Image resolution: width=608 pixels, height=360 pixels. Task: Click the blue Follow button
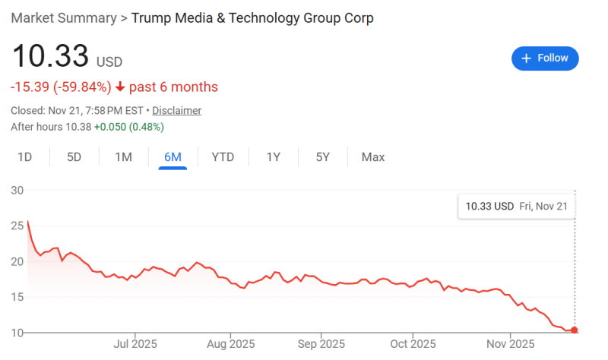pyautogui.click(x=545, y=58)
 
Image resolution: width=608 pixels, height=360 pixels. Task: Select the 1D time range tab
pyautogui.click(x=25, y=157)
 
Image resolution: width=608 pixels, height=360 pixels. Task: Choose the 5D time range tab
pyautogui.click(x=74, y=157)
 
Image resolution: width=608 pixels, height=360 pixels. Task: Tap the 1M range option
pyautogui.click(x=123, y=157)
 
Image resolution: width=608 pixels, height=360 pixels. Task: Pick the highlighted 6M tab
pyautogui.click(x=173, y=157)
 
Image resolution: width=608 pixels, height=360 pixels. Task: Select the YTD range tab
pyautogui.click(x=223, y=157)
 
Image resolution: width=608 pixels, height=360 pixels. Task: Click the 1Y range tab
pyautogui.click(x=274, y=157)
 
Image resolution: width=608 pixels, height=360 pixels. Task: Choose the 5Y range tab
pyautogui.click(x=323, y=157)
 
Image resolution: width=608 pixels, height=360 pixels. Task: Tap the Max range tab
pyautogui.click(x=373, y=157)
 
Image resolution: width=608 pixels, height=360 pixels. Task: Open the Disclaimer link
pyautogui.click(x=176, y=111)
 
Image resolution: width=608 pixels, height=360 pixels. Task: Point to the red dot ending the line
pyautogui.click(x=575, y=330)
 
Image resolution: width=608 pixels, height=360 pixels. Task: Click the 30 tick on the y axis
pyautogui.click(x=17, y=190)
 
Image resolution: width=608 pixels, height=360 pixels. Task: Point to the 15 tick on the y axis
pyautogui.click(x=17, y=297)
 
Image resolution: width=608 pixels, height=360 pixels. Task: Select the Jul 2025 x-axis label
pyautogui.click(x=135, y=343)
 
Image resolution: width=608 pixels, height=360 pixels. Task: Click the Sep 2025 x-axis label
pyautogui.click(x=321, y=343)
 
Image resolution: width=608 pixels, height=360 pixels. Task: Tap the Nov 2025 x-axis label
pyautogui.click(x=510, y=343)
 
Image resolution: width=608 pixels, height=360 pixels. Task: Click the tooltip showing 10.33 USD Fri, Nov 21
pyautogui.click(x=517, y=206)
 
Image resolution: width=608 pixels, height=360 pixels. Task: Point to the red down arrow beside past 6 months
pyautogui.click(x=120, y=87)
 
